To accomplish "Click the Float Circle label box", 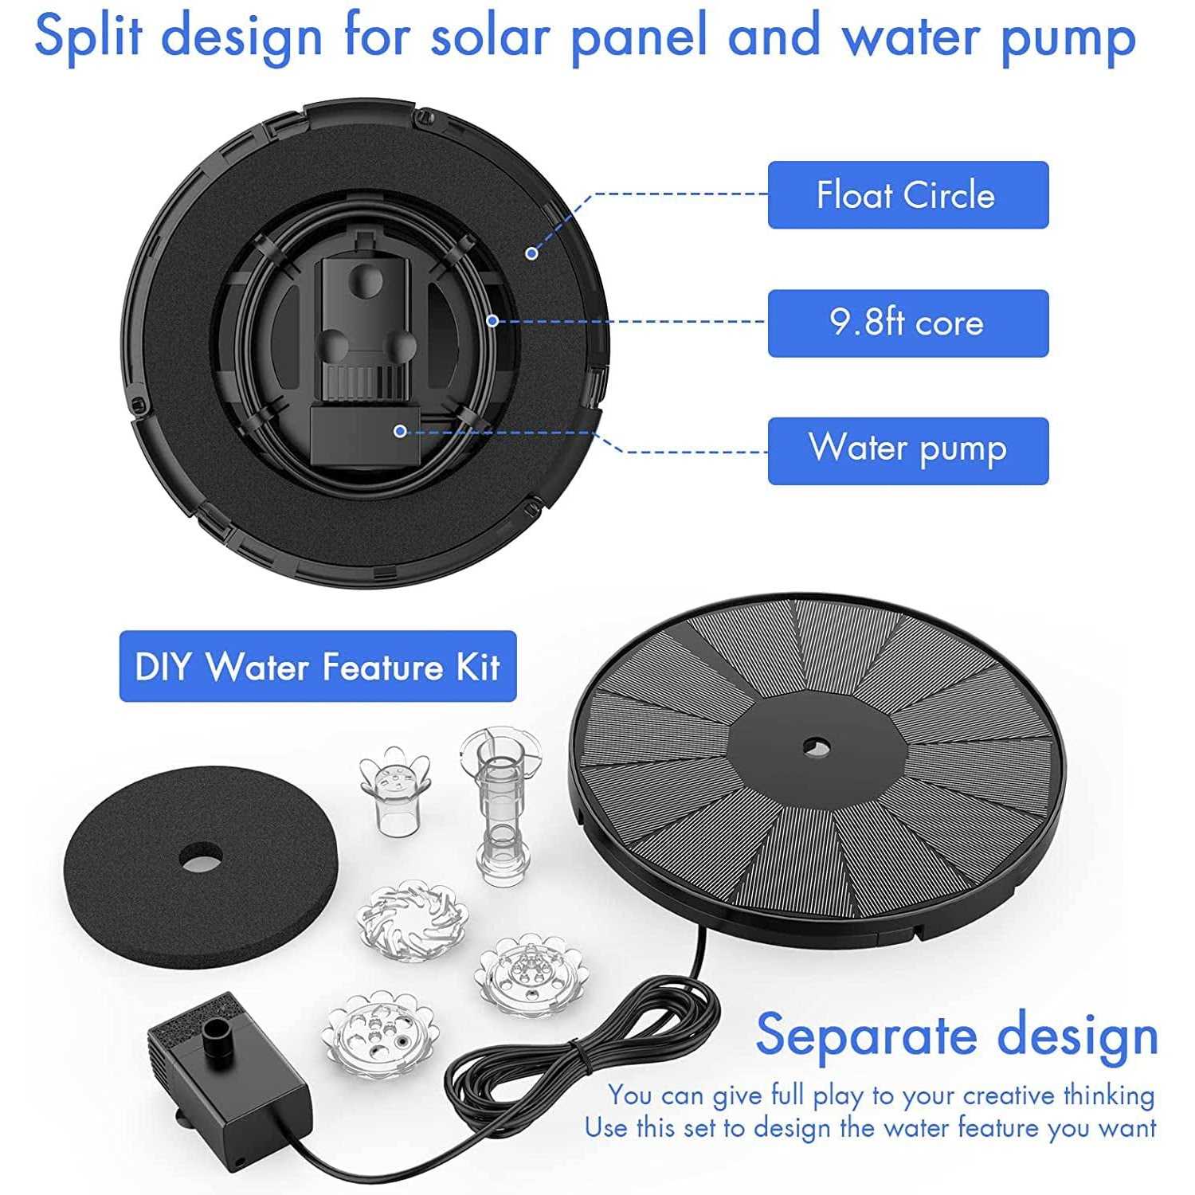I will (x=907, y=195).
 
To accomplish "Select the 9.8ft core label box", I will (x=907, y=323).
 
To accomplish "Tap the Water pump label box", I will (x=907, y=451).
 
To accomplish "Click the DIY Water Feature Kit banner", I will (x=318, y=667).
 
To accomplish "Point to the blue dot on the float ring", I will (x=531, y=253).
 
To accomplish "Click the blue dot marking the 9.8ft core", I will (x=492, y=320).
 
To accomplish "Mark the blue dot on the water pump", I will (x=400, y=431).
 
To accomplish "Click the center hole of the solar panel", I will (x=816, y=747).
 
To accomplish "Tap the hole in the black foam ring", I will (x=200, y=858).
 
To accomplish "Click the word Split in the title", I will (x=89, y=37).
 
